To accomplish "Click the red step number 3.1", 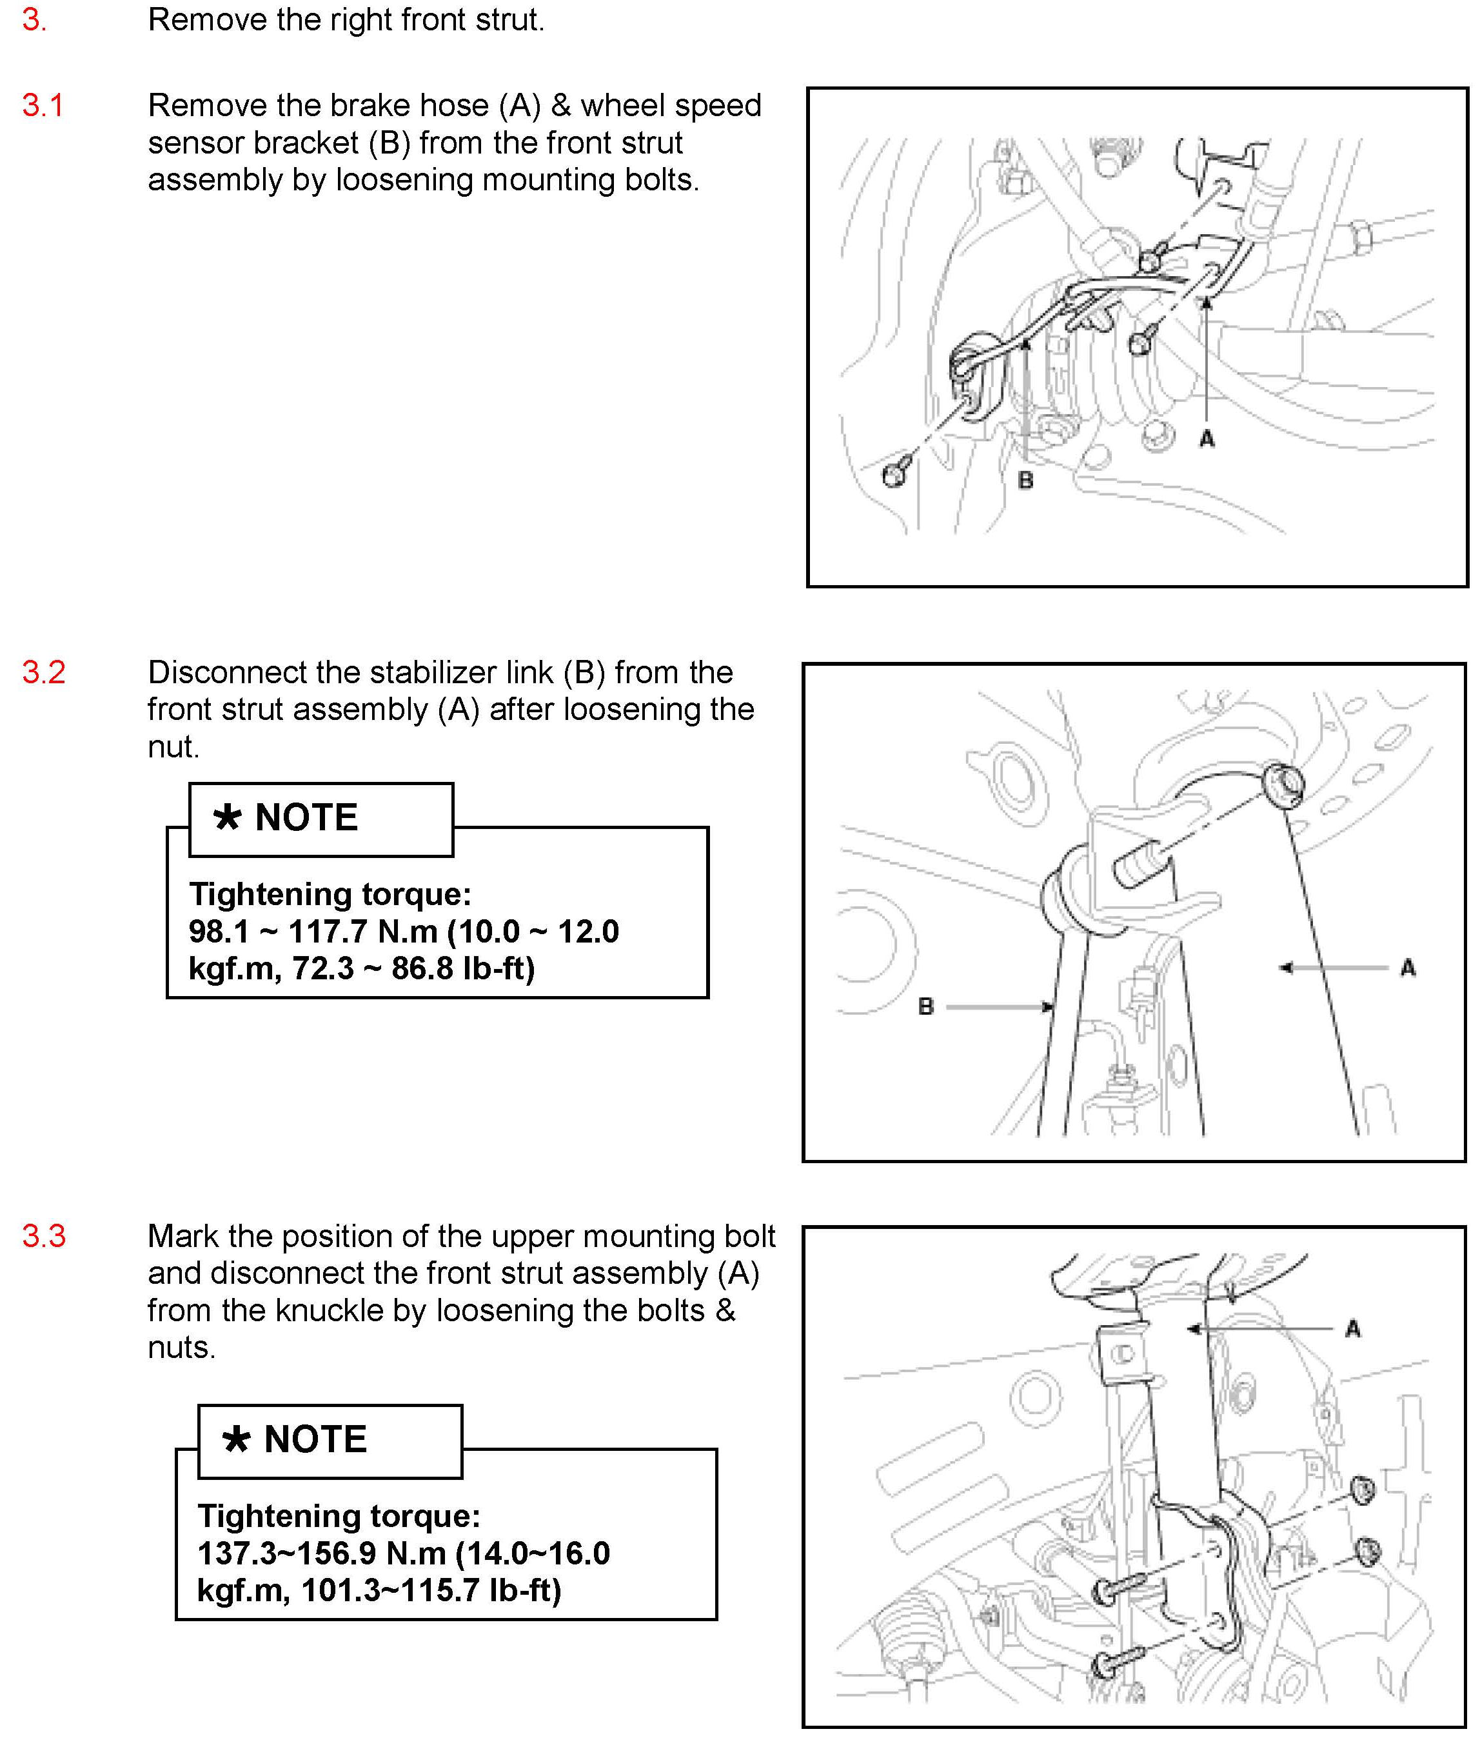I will coord(43,106).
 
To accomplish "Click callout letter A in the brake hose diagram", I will coord(1207,438).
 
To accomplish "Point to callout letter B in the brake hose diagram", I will coord(1025,481).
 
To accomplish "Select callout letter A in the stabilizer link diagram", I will coord(1408,968).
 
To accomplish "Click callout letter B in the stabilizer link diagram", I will coord(926,1006).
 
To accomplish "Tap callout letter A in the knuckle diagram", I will coord(1352,1329).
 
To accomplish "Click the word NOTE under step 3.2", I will coord(306,817).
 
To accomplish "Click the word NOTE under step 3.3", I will coord(315,1439).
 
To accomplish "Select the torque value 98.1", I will coord(219,932).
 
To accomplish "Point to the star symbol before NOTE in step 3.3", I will coord(237,1439).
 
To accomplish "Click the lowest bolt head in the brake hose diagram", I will coord(894,475).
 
